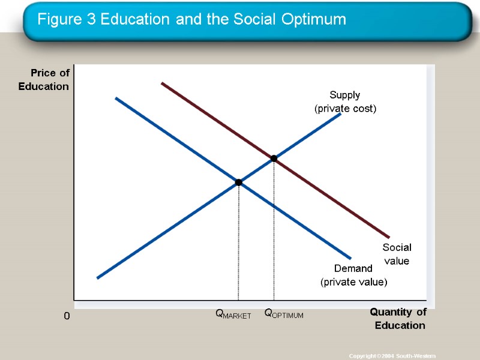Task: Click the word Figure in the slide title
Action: (x=58, y=20)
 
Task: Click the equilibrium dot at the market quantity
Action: (x=238, y=182)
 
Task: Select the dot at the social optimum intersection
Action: (x=274, y=158)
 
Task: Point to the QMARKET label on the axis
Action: (x=233, y=314)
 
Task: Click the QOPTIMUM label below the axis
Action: (x=284, y=314)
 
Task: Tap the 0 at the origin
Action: (x=67, y=316)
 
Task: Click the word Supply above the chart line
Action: (x=345, y=95)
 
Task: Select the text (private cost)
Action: (x=346, y=109)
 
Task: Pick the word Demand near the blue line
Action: (x=353, y=268)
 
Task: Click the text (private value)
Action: (x=354, y=281)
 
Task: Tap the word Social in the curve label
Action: (x=397, y=247)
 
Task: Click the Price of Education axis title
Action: (x=44, y=80)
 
